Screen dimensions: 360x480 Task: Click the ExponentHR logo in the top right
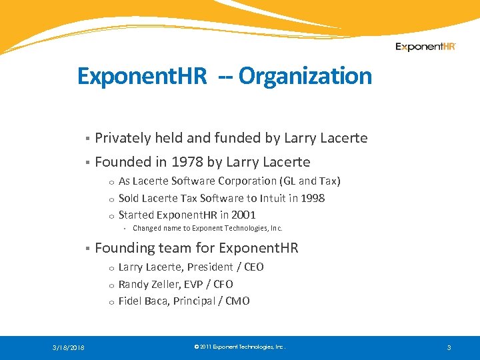coord(425,47)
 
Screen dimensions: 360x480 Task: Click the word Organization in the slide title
coord(305,76)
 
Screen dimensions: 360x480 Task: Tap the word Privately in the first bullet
coord(123,138)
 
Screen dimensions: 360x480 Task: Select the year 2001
coord(243,215)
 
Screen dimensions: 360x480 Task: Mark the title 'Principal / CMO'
coord(211,301)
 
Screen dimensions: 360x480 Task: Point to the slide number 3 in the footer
coord(449,347)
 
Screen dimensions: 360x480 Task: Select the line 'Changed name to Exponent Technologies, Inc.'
coord(207,229)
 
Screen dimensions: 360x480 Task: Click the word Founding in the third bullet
coord(123,249)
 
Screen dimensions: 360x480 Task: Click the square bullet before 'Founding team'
coord(87,249)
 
